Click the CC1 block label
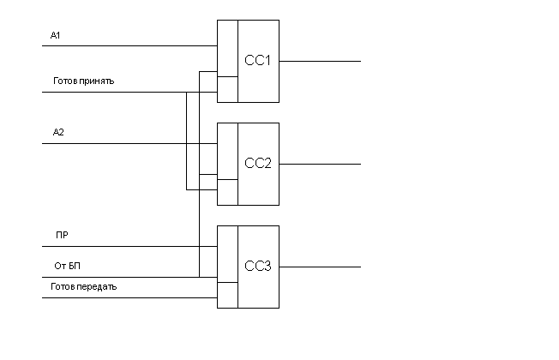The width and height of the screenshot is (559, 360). click(x=257, y=60)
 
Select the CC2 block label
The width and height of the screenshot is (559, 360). click(x=258, y=163)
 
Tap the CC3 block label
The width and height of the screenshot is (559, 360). click(x=258, y=266)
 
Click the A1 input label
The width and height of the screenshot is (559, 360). click(x=55, y=35)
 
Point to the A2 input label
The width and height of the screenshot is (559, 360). click(x=58, y=132)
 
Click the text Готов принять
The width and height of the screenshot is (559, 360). click(x=84, y=81)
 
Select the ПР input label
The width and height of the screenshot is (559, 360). click(x=62, y=235)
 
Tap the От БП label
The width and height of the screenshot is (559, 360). click(x=68, y=266)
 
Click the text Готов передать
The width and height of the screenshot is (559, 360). click(x=84, y=286)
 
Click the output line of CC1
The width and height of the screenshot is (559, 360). click(x=320, y=62)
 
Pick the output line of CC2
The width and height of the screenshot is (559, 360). click(x=320, y=164)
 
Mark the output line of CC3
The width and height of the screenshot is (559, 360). click(x=320, y=267)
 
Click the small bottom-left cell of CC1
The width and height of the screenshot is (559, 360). click(x=227, y=89)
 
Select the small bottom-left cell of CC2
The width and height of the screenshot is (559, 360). click(x=227, y=193)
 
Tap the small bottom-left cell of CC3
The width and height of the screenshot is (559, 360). click(x=227, y=295)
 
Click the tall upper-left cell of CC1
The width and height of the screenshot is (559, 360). click(x=227, y=49)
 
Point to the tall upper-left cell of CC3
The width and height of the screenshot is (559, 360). click(x=227, y=254)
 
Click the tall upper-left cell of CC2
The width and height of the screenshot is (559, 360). click(x=227, y=151)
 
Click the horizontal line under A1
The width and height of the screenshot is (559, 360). click(x=129, y=46)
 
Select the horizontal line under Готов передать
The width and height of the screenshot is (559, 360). click(x=129, y=297)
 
